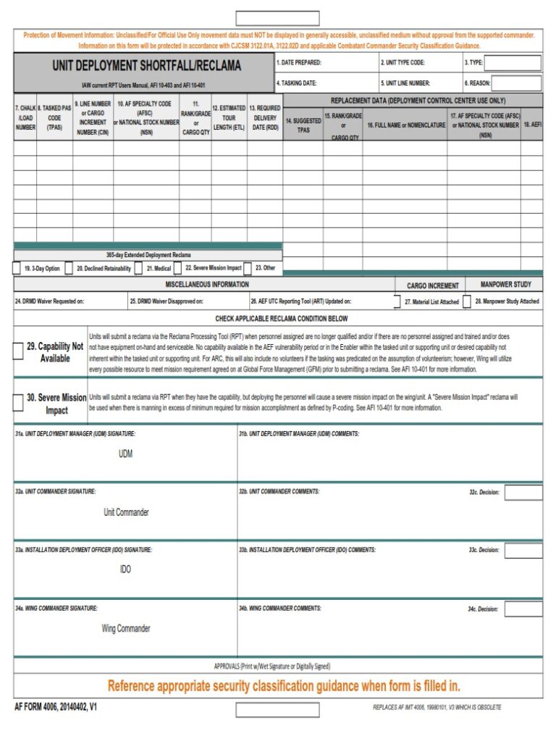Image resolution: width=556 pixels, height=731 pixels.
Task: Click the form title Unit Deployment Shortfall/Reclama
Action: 146,67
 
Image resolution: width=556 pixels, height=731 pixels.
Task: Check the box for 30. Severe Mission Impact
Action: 18,404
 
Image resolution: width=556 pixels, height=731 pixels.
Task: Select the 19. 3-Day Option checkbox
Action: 17,268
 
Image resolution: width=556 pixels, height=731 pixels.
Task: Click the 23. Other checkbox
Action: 248,268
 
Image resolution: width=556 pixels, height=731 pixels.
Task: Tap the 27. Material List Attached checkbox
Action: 397,301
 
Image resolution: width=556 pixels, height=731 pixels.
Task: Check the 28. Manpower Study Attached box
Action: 467,301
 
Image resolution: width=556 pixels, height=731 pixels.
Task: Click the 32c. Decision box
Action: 523,493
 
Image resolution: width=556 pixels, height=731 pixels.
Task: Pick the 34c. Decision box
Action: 523,609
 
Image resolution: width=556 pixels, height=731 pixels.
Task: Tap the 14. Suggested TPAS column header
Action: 303,125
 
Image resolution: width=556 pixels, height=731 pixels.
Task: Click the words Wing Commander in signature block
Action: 126,628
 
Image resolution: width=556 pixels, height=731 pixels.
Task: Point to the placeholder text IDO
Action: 126,569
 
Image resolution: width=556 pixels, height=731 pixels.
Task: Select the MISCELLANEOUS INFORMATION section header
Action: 207,285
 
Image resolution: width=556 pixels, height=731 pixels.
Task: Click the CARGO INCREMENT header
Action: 432,286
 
